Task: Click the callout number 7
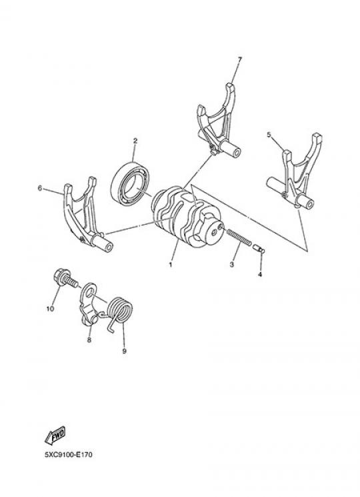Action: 239,59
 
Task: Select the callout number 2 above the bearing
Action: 135,141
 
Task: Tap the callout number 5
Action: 269,135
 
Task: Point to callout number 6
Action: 39,188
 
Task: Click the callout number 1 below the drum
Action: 171,264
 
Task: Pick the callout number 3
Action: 232,264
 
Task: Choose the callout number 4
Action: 260,274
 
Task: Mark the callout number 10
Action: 51,309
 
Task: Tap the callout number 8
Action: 89,340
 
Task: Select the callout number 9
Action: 124,351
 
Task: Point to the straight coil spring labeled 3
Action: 239,238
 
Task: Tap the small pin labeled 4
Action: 259,248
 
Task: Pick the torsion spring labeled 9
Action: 119,314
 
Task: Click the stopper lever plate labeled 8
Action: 89,304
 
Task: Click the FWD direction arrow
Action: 55,436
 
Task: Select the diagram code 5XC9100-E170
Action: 69,455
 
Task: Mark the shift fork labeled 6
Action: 85,215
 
